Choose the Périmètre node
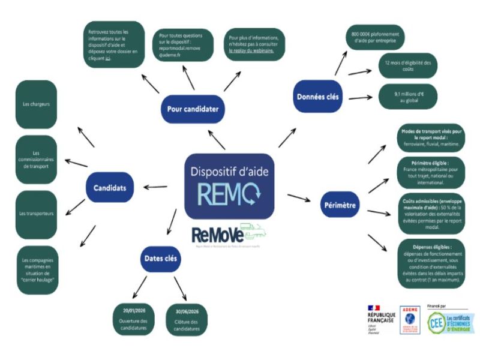[x=339, y=206]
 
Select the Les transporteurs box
[x=37, y=214]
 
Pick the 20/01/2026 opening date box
[x=134, y=319]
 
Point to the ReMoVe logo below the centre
[x=228, y=236]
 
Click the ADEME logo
[x=410, y=320]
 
